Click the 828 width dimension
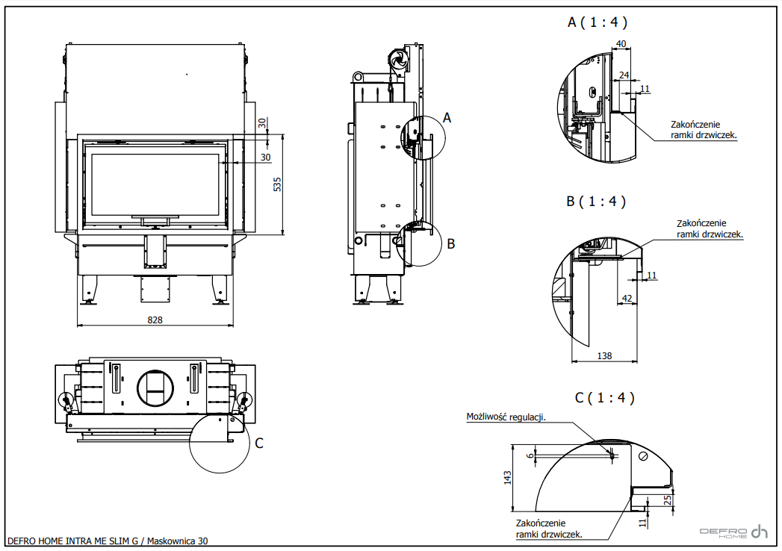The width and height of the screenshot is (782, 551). [155, 320]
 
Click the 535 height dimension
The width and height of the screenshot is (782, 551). [276, 184]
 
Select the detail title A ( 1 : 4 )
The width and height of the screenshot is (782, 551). [597, 22]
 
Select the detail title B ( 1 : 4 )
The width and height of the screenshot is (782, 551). [596, 201]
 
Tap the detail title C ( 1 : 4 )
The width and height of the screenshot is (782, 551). [604, 398]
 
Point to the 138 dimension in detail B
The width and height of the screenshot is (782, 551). [604, 356]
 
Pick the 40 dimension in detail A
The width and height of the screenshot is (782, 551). [621, 43]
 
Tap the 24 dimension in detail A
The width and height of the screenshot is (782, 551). [624, 75]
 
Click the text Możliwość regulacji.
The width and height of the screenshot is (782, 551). [506, 417]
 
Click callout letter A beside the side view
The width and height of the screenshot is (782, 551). [447, 117]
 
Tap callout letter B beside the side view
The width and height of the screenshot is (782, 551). [450, 243]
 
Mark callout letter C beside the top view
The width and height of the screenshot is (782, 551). [259, 443]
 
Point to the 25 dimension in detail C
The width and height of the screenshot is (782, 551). [666, 499]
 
